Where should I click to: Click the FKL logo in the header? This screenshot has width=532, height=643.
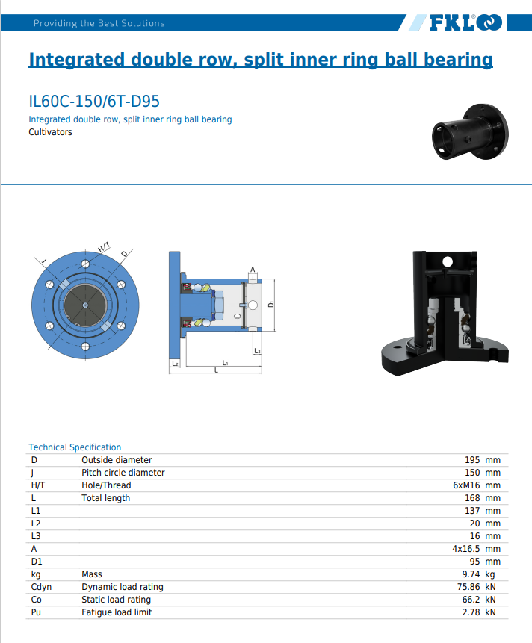(465, 23)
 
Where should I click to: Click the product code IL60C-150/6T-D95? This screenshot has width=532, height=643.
(94, 102)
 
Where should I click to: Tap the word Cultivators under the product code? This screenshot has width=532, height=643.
(50, 132)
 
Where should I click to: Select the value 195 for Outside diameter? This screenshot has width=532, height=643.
(471, 460)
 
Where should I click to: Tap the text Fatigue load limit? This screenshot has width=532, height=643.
(117, 612)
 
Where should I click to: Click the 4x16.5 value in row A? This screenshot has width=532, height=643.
(466, 549)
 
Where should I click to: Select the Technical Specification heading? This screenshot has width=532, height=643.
(75, 447)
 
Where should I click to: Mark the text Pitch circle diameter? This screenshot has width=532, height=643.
(123, 473)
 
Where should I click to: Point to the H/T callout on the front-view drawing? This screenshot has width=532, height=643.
(105, 247)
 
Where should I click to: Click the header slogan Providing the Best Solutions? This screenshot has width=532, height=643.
(99, 23)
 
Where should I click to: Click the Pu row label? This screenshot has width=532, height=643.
(37, 612)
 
